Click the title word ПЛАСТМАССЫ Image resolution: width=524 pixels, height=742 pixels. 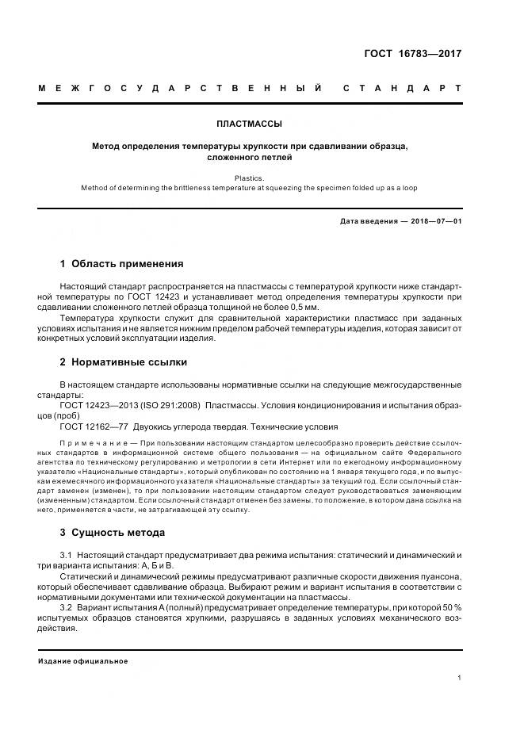[249, 124]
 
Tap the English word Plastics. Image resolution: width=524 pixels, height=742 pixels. [249, 178]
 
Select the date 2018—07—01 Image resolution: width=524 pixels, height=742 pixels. [433, 221]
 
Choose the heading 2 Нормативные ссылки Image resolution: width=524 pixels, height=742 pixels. [124, 362]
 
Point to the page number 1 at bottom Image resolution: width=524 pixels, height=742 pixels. [459, 678]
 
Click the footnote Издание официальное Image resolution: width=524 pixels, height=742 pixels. [82, 660]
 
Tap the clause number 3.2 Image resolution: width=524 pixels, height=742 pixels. [66, 606]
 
